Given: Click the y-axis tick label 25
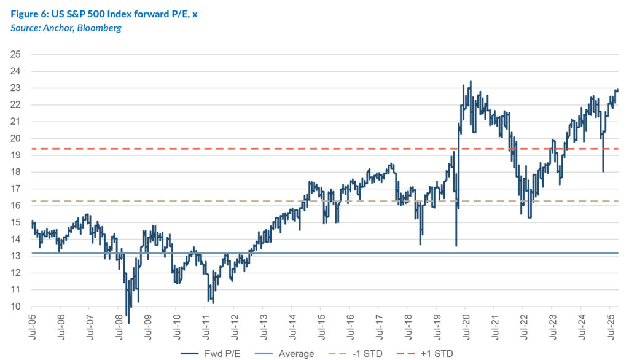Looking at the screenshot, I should click(17, 55).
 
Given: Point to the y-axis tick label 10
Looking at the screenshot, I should click(17, 307).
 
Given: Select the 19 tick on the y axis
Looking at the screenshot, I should click(17, 155).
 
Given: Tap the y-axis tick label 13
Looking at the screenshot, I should click(17, 256).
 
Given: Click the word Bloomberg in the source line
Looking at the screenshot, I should click(101, 28).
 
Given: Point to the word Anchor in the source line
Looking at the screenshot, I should click(57, 28).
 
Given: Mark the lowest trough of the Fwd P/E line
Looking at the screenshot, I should click(128, 322).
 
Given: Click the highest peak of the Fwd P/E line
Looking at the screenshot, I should click(471, 82).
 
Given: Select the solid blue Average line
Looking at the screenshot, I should click(369, 253).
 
